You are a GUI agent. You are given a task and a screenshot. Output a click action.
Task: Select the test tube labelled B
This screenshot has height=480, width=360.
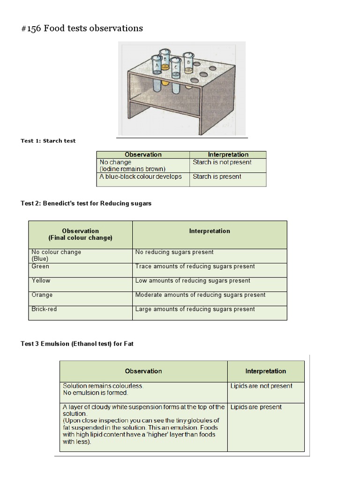(165, 60)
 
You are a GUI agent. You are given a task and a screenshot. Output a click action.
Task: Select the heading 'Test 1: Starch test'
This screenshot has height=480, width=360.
(48, 141)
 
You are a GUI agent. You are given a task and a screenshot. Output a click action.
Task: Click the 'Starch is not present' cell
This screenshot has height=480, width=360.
(222, 162)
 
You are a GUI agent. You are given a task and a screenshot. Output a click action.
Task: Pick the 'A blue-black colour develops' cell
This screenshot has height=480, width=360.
(141, 177)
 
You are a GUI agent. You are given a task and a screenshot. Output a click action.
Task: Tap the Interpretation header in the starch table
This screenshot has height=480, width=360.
(228, 154)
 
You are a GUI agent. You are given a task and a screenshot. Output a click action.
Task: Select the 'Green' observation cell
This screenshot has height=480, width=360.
(40, 266)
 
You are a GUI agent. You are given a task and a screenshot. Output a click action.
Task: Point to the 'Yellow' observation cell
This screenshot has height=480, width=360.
(41, 280)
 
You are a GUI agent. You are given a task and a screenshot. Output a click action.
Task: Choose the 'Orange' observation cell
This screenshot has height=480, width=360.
(42, 295)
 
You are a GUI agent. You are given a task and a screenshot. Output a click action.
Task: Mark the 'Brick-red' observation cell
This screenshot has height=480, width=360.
(44, 309)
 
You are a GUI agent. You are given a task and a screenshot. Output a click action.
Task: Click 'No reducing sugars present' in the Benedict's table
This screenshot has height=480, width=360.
(174, 252)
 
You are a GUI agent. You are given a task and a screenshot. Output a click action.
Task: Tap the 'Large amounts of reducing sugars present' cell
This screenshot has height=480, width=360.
(195, 309)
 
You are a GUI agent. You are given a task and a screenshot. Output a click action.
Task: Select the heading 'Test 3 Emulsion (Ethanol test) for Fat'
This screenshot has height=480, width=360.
(77, 344)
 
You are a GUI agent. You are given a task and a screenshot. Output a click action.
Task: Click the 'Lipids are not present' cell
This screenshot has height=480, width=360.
(261, 386)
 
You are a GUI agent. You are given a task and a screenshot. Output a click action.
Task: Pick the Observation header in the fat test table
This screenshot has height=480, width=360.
(143, 371)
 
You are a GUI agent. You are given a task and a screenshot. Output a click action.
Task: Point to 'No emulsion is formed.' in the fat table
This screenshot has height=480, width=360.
(95, 393)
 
